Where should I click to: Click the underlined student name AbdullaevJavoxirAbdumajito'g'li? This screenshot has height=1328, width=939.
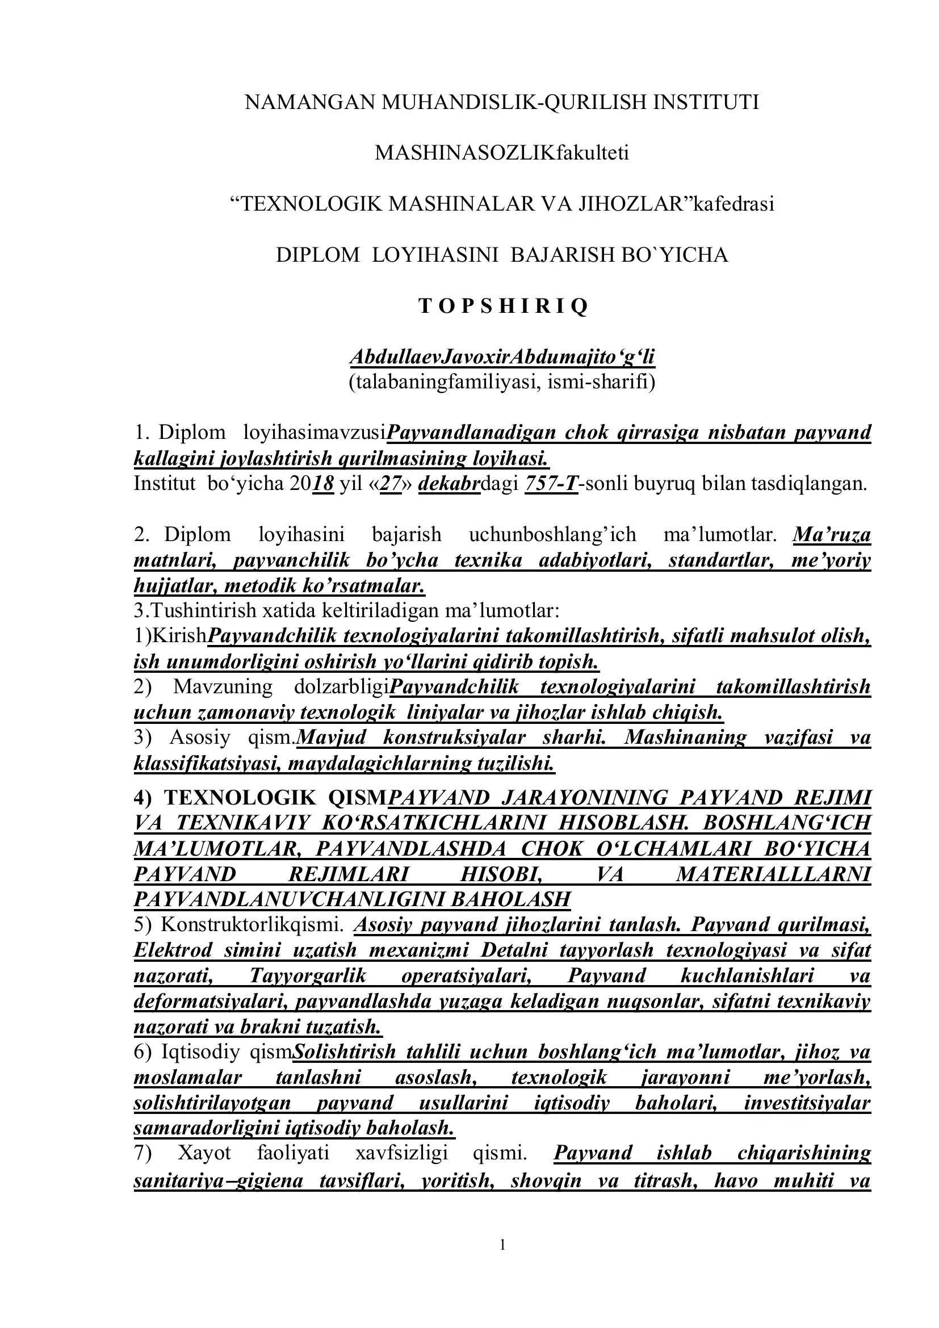pos(502,357)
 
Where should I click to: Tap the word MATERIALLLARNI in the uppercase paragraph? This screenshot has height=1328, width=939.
pos(773,874)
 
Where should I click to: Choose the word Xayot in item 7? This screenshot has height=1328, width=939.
pos(204,1153)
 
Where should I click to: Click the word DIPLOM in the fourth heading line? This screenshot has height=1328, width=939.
pos(317,255)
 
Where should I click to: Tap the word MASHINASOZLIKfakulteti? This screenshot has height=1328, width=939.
pos(502,153)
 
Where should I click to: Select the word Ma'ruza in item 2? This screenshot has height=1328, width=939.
pos(832,534)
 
